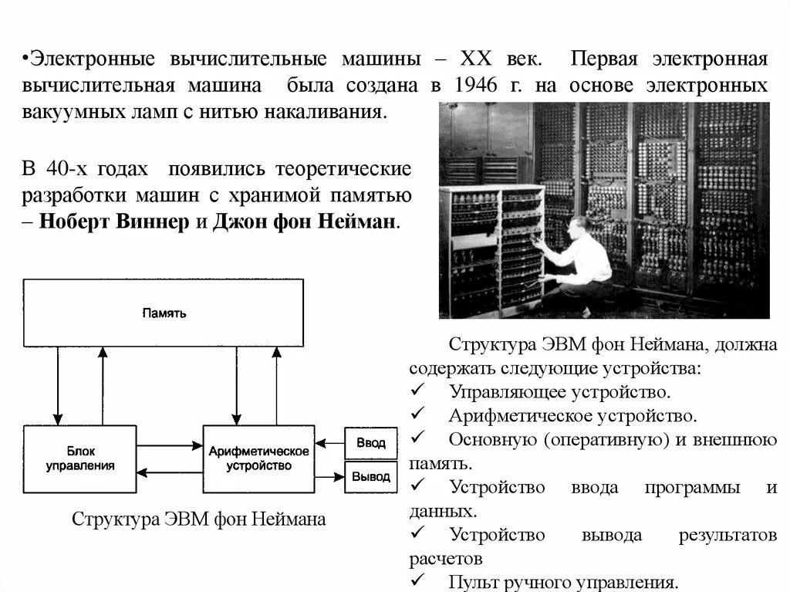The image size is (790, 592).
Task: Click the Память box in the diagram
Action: [x=164, y=313]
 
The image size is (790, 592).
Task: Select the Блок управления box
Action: [x=80, y=458]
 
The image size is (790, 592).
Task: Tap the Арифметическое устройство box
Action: [x=258, y=458]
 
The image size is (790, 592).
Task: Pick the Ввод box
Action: [x=370, y=444]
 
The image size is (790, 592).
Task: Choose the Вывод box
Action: [x=370, y=477]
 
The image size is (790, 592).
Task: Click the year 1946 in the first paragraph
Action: [x=472, y=85]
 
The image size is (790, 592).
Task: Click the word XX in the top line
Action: [x=478, y=59]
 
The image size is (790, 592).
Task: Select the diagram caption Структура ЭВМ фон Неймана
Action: [x=199, y=519]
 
